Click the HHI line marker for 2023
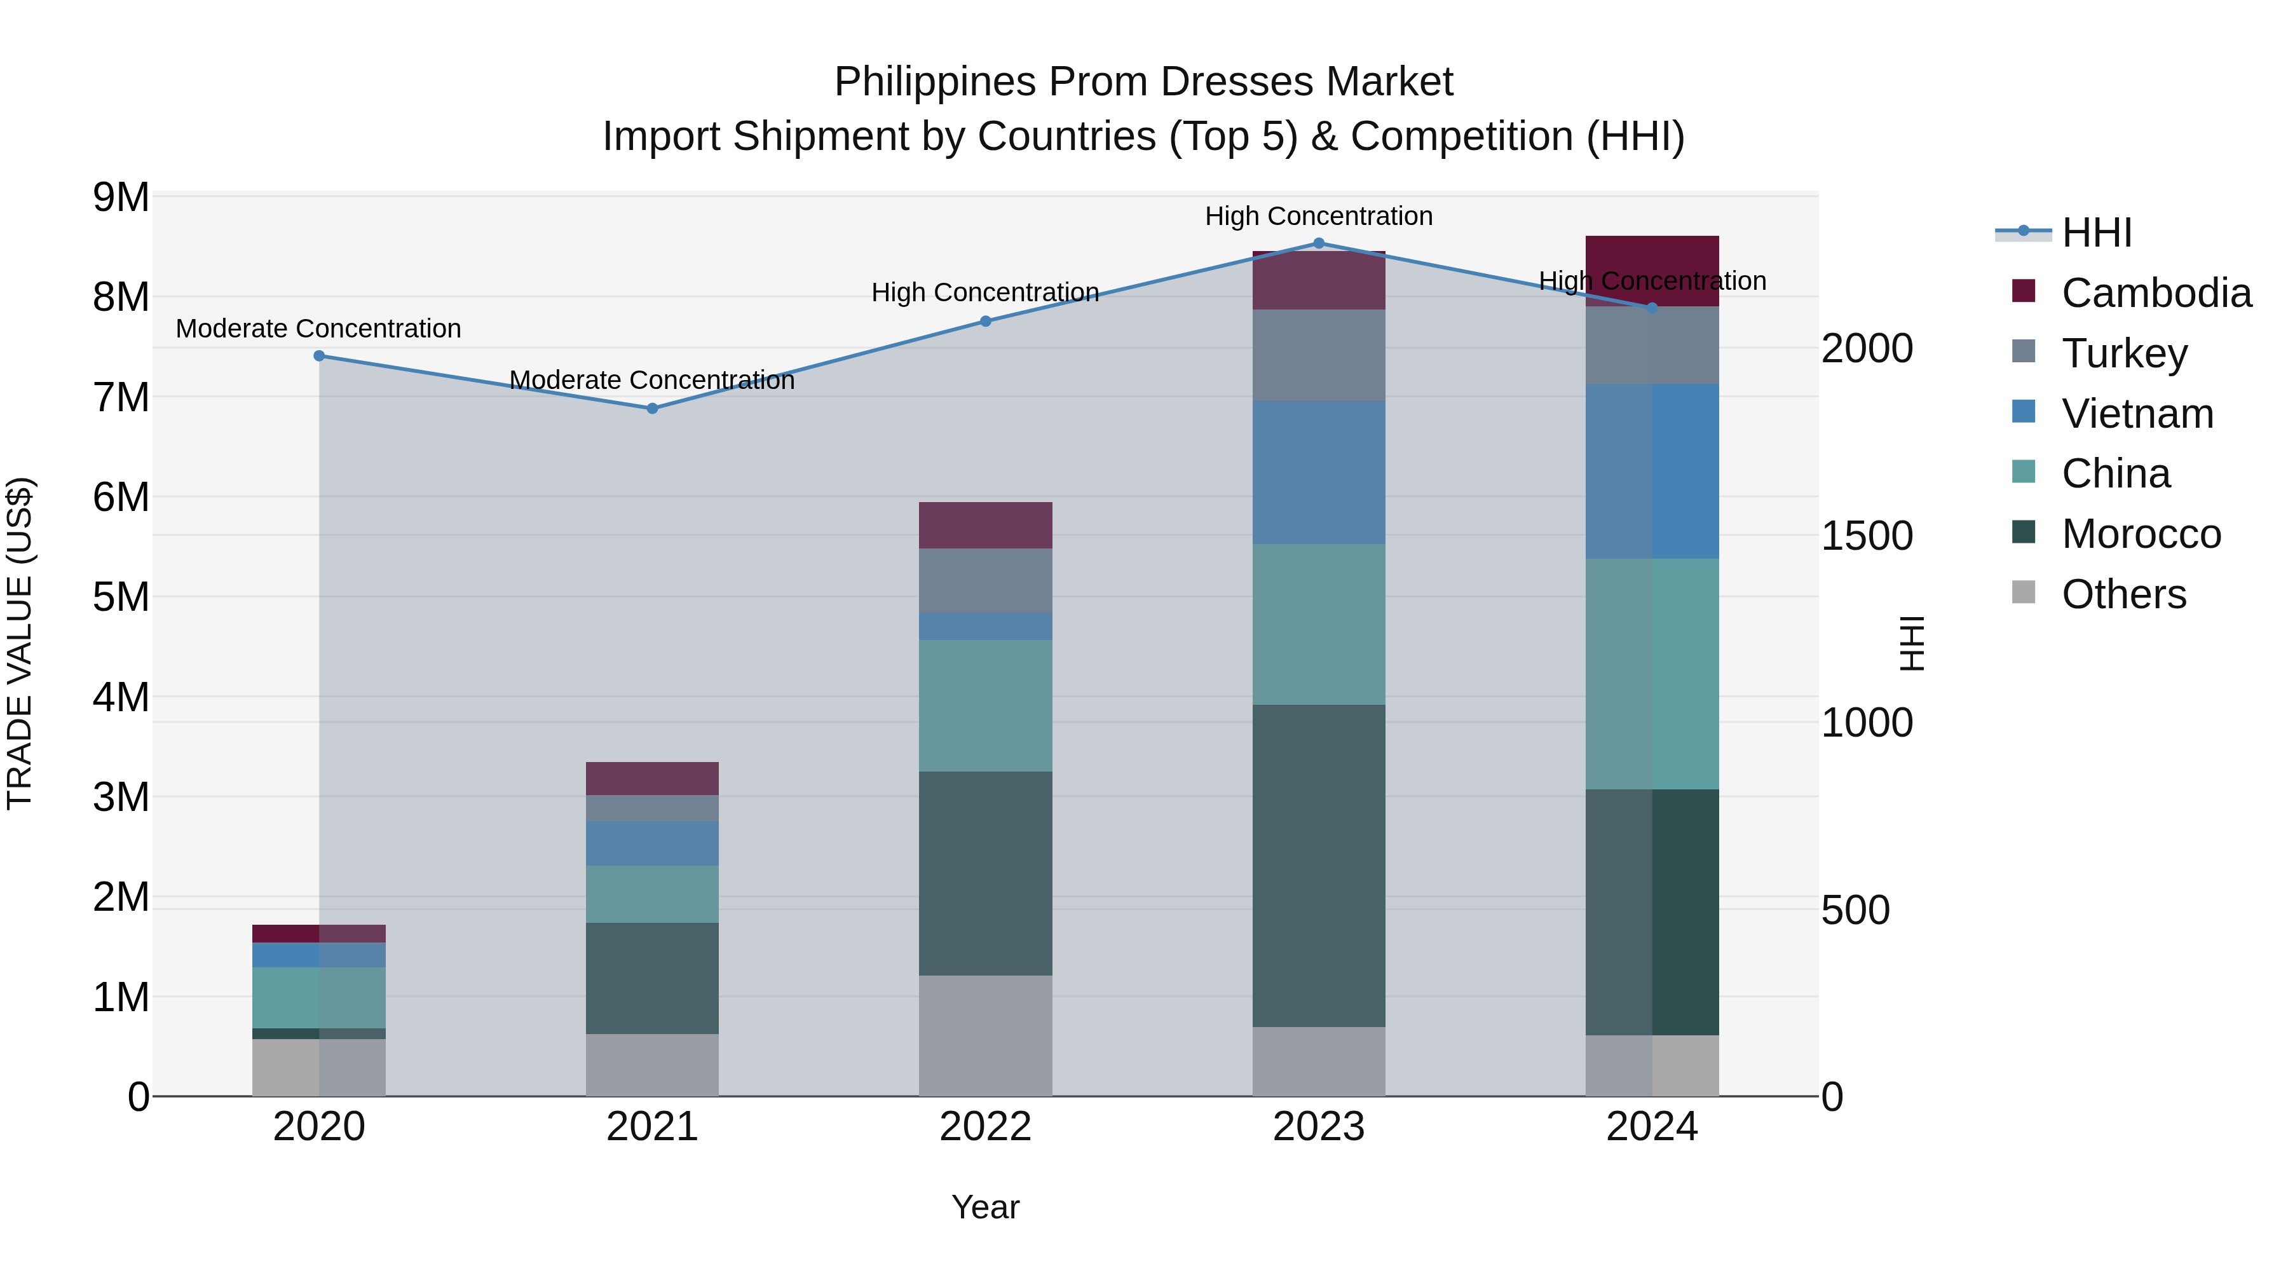click(x=1318, y=243)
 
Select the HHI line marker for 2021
click(x=652, y=409)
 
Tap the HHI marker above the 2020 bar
click(x=319, y=356)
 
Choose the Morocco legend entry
click(x=2141, y=534)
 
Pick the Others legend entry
click(x=2123, y=594)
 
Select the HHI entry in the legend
click(x=2096, y=233)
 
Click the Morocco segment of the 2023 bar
click(x=1318, y=866)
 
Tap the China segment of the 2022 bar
click(x=985, y=705)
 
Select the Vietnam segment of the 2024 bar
click(x=1652, y=471)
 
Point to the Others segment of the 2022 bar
click(x=985, y=1036)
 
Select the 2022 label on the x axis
click(x=985, y=1127)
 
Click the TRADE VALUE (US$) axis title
click(x=20, y=643)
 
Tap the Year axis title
click(x=985, y=1207)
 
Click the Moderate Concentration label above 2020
click(x=318, y=329)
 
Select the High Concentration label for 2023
click(x=1318, y=216)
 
